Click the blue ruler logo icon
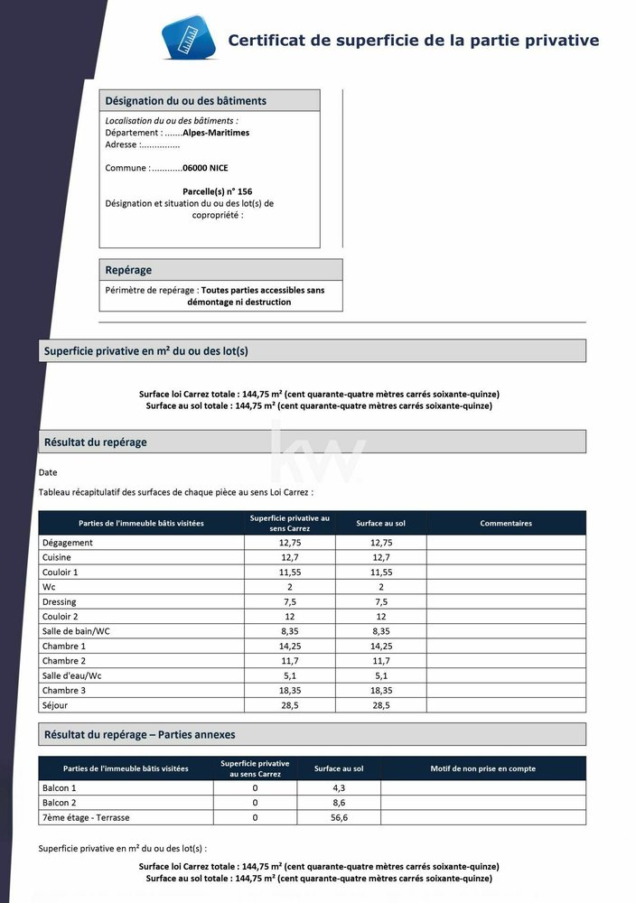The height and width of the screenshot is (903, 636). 190,38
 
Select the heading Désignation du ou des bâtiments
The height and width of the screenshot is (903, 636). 186,101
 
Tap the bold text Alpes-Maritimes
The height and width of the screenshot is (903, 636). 216,133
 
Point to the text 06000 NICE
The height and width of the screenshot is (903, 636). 205,168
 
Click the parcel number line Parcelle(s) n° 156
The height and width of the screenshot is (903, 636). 217,191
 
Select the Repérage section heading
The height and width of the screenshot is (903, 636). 128,270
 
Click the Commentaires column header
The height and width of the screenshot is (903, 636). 506,523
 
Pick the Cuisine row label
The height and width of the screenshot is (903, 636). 56,558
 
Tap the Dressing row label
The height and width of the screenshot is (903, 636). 59,602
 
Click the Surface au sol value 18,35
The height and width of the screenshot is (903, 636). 380,690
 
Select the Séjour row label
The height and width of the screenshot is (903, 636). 54,705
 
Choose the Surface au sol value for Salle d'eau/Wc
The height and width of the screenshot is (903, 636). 380,675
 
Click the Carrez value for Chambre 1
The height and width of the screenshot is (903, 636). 289,647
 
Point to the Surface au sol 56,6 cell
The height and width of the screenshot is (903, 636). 340,817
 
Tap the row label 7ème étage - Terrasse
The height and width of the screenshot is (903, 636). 86,817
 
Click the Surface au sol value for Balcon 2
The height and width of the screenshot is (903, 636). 340,803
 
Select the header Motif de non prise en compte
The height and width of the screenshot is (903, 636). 482,768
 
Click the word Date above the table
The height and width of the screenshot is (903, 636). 48,472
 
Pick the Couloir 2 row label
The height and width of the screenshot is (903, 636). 61,617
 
